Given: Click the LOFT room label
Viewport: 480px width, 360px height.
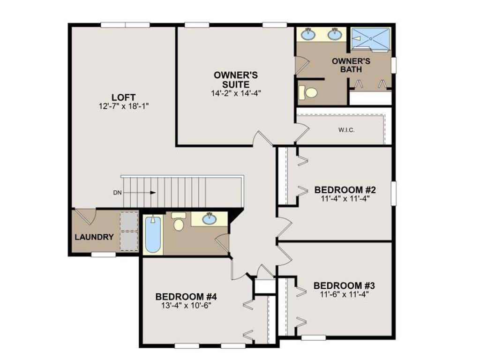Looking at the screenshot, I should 117,97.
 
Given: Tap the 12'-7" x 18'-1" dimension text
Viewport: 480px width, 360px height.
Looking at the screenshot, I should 124,106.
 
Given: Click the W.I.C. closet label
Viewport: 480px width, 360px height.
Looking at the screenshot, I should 346,130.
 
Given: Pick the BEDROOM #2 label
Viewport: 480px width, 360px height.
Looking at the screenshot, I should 345,190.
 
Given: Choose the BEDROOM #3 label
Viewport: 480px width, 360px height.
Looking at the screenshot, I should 345,285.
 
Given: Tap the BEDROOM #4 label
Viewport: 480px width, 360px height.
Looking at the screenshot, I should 186,297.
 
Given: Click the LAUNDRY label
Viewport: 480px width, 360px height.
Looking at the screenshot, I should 94,237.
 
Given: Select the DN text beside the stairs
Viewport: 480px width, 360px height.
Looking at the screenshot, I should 117,192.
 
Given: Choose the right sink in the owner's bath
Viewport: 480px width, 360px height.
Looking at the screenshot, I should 334,34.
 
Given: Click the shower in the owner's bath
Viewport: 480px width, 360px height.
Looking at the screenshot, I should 371,37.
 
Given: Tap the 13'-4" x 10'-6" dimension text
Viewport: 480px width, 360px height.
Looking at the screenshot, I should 186,306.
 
